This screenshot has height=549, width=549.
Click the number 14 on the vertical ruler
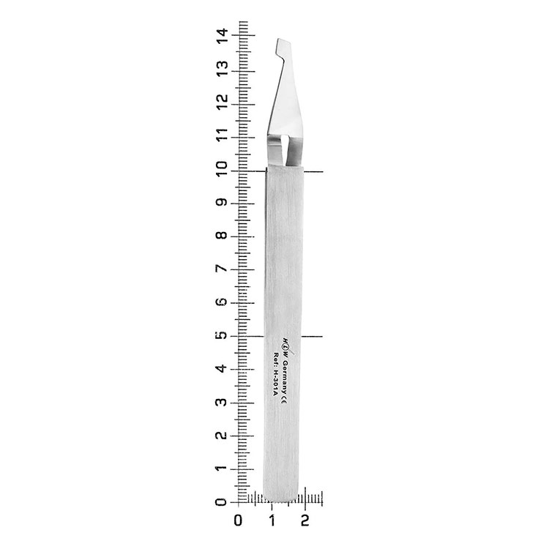click(222, 35)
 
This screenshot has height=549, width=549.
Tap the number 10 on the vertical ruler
click(222, 169)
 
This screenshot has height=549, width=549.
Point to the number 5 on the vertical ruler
click(222, 335)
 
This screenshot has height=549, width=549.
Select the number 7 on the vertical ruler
click(222, 269)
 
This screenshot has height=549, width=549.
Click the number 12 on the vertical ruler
click(222, 102)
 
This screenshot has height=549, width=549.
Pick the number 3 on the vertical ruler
click(222, 402)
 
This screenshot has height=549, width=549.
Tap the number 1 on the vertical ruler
click(222, 468)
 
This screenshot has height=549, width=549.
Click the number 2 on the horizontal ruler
click(305, 520)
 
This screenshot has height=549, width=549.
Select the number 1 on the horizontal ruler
click(272, 520)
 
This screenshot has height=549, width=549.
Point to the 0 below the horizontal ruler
click(238, 520)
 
